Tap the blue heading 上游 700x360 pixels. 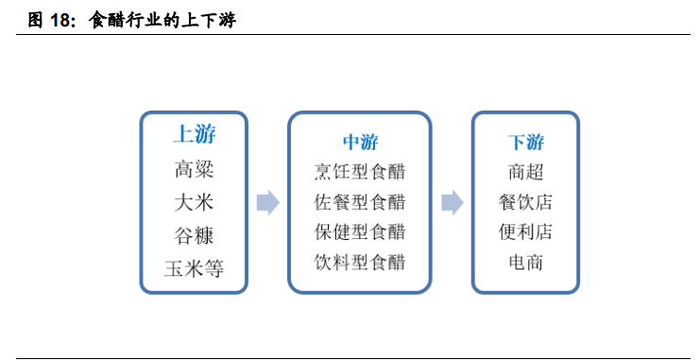[x=194, y=134]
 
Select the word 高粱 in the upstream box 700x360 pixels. [x=194, y=170]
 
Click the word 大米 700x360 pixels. [x=194, y=202]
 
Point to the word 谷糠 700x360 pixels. [x=194, y=234]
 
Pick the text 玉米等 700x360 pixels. [x=194, y=266]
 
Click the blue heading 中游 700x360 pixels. [x=359, y=143]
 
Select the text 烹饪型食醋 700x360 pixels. [x=359, y=172]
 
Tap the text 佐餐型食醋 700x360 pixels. [x=359, y=202]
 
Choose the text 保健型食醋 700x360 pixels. [x=359, y=231]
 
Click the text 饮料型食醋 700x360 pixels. [x=359, y=262]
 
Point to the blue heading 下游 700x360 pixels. [x=525, y=143]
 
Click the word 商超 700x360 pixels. [x=525, y=172]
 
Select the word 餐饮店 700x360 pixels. [x=525, y=202]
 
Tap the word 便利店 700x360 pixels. [x=525, y=231]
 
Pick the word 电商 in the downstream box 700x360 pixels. [x=525, y=262]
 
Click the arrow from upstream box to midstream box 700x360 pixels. [x=268, y=202]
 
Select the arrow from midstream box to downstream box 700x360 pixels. [x=452, y=202]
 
